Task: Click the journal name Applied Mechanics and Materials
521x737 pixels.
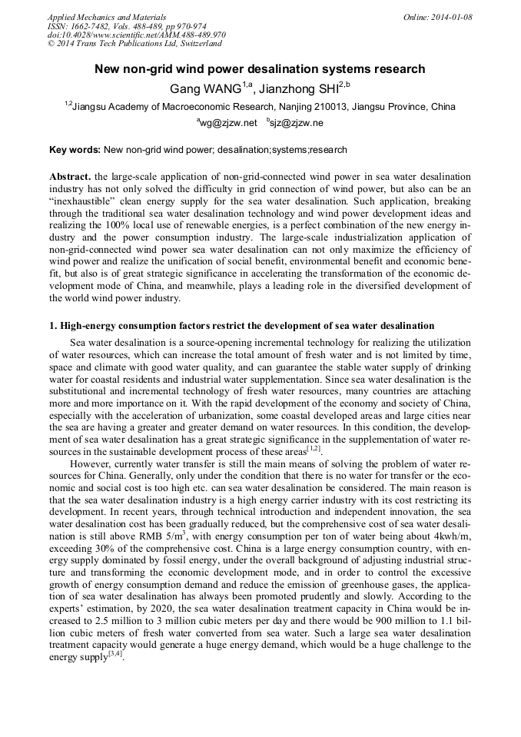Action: coord(107,16)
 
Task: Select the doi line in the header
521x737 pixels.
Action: coord(137,35)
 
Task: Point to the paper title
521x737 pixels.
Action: coord(260,69)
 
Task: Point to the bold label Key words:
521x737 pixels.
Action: coord(74,150)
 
